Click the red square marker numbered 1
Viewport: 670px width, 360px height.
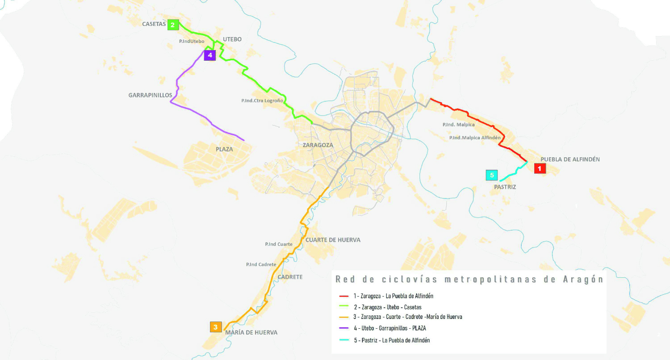click(540, 168)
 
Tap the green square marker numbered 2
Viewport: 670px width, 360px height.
click(173, 25)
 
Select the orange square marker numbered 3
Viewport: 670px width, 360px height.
click(216, 327)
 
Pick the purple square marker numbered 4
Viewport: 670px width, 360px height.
click(209, 55)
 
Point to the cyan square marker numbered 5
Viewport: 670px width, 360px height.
click(492, 175)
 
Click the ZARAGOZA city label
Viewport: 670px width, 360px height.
click(318, 145)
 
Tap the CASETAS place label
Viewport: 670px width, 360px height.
click(154, 24)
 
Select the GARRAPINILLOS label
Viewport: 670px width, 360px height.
click(150, 95)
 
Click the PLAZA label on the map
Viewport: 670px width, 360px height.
click(224, 149)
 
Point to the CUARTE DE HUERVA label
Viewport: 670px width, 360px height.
click(333, 240)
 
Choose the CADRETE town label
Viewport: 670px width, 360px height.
click(290, 277)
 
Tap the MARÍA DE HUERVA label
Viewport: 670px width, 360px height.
click(251, 332)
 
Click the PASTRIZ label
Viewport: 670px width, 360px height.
click(505, 187)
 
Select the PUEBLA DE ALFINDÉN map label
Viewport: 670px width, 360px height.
click(570, 159)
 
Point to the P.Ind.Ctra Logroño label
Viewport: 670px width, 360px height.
click(262, 101)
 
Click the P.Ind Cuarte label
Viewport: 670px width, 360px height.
click(279, 244)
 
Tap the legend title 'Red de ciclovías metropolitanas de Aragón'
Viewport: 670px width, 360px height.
click(469, 280)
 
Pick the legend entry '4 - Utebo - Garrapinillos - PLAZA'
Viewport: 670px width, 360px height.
click(388, 328)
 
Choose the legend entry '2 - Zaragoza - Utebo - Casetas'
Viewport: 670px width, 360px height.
click(388, 307)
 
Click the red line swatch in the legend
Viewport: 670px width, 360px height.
click(343, 296)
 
